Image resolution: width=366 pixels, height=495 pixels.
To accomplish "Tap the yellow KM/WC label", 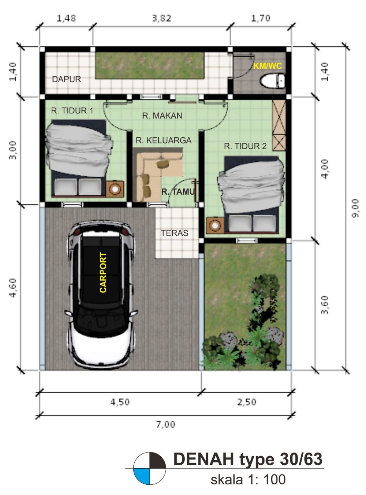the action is (268, 66).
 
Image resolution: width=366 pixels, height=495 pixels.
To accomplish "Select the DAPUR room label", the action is (66, 79).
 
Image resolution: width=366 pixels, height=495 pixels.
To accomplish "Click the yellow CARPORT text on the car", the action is (103, 272).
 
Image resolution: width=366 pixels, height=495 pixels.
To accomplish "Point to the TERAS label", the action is (175, 233).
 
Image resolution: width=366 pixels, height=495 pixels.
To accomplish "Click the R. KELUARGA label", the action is (164, 140).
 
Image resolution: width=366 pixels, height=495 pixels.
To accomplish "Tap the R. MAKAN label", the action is (162, 116).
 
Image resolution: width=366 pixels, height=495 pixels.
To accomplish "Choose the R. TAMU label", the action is (178, 192).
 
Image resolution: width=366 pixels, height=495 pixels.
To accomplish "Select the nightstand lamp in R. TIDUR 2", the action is (215, 226).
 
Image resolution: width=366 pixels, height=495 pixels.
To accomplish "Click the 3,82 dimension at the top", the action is (162, 18).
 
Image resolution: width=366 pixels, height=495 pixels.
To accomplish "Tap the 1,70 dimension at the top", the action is (261, 18).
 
